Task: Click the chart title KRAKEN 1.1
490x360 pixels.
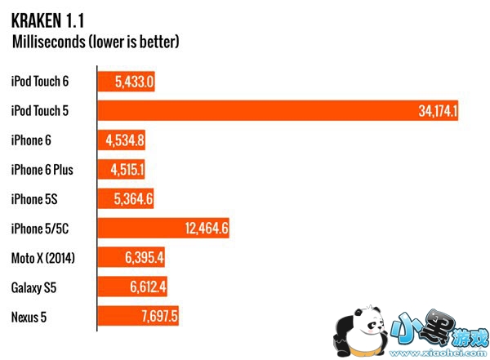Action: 48,16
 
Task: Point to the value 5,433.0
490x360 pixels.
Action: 134,82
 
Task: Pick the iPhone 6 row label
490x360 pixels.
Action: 31,140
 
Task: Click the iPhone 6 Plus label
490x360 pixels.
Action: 42,170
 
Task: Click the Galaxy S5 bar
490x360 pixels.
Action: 135,287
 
